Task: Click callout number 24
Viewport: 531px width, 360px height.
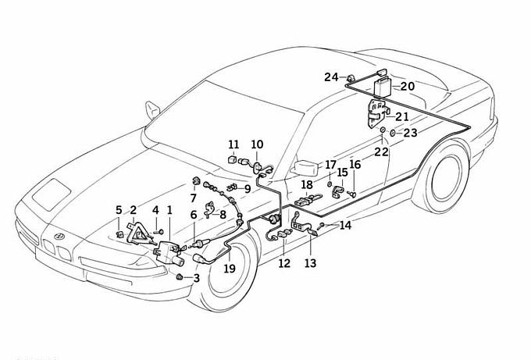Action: point(331,77)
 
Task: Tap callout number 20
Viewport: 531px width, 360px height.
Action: point(408,86)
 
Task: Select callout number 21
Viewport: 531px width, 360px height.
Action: point(402,116)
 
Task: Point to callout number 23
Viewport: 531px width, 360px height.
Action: point(410,133)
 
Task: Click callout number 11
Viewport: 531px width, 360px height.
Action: point(234,144)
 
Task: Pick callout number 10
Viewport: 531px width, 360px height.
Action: point(257,144)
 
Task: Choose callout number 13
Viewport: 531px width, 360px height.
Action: point(311,263)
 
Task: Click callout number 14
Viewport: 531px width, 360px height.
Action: point(345,226)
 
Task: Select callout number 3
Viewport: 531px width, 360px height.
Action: point(196,277)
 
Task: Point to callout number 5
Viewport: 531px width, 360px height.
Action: point(119,209)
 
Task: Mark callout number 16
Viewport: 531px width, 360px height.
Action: point(355,165)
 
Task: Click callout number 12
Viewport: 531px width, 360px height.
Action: point(283,263)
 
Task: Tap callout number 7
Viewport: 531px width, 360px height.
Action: point(193,198)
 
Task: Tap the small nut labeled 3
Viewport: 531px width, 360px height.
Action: point(180,277)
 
